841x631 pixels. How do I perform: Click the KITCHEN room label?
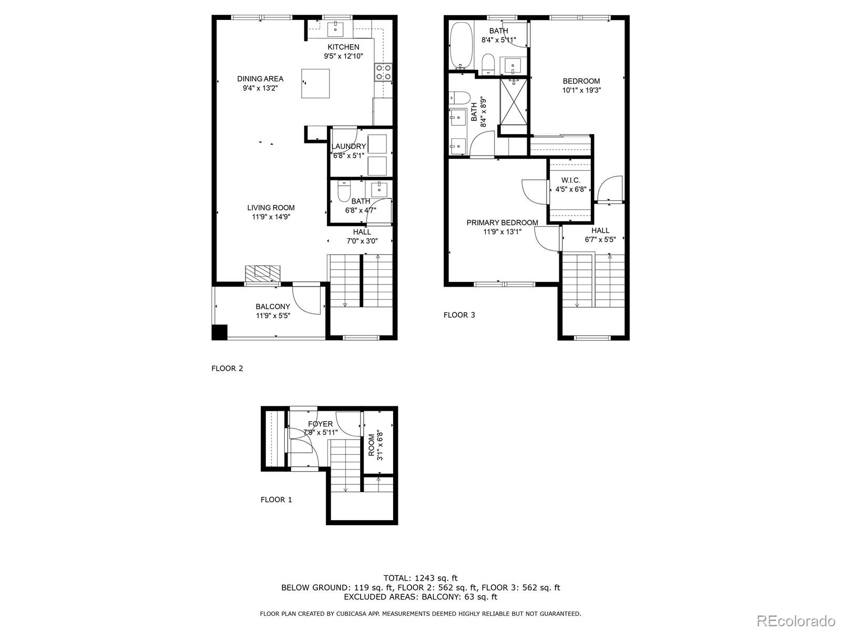[343, 47]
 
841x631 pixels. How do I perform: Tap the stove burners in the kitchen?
[383, 72]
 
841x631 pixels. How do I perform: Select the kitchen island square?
[315, 83]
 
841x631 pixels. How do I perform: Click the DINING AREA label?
[260, 79]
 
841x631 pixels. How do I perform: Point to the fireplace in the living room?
[262, 273]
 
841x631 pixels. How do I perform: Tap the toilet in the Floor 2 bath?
[343, 192]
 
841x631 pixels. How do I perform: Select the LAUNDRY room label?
[348, 147]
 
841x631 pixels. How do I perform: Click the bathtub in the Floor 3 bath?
[461, 46]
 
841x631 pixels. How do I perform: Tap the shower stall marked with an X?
[513, 100]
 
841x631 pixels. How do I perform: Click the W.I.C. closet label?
[570, 180]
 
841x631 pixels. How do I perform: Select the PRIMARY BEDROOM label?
[502, 222]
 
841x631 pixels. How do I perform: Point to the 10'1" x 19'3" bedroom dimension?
[581, 90]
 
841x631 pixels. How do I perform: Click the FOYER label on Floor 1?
[320, 424]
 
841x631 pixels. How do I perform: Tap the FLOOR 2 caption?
[227, 368]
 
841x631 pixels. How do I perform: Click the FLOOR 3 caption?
[459, 315]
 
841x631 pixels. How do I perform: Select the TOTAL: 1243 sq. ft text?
[420, 578]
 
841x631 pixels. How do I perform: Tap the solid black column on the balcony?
[219, 332]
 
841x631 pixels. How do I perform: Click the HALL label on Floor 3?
[600, 230]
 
